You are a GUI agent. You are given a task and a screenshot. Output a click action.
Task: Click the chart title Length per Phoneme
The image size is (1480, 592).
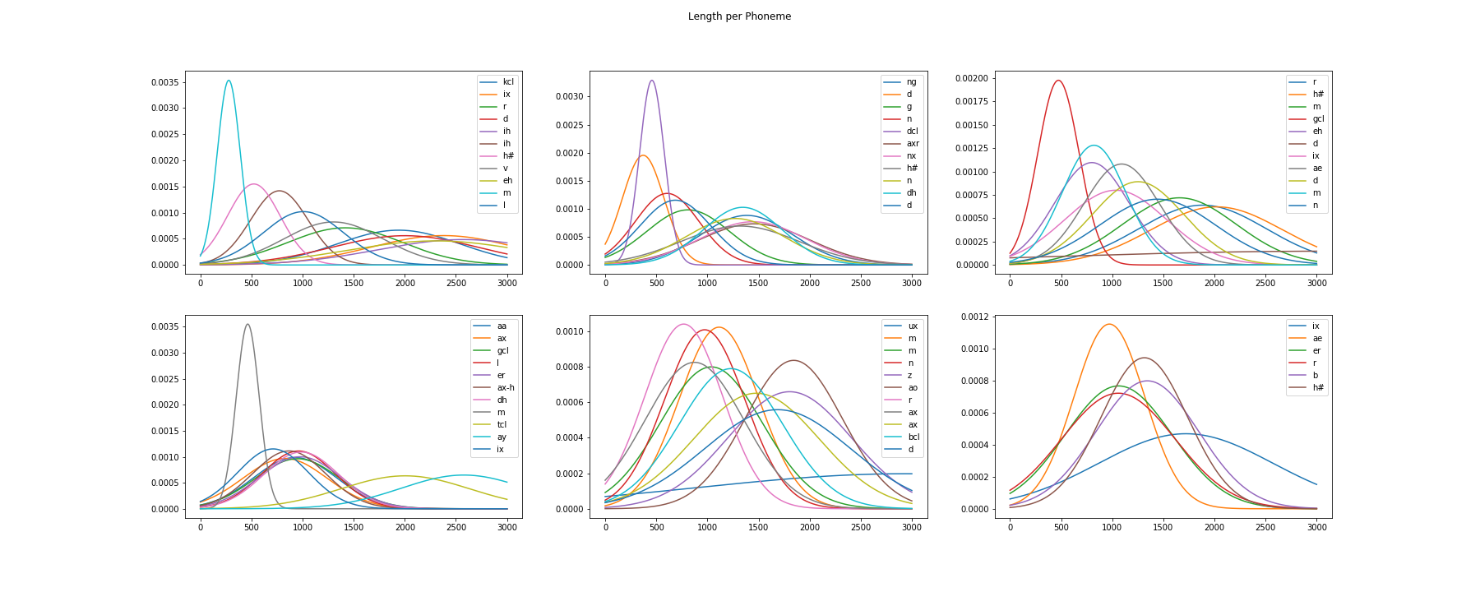(739, 16)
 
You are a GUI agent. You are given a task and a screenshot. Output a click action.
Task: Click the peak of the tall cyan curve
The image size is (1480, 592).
(228, 81)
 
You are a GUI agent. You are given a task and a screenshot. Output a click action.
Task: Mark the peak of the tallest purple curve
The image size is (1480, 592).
(652, 81)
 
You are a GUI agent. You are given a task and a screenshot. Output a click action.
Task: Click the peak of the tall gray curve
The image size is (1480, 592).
(247, 324)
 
